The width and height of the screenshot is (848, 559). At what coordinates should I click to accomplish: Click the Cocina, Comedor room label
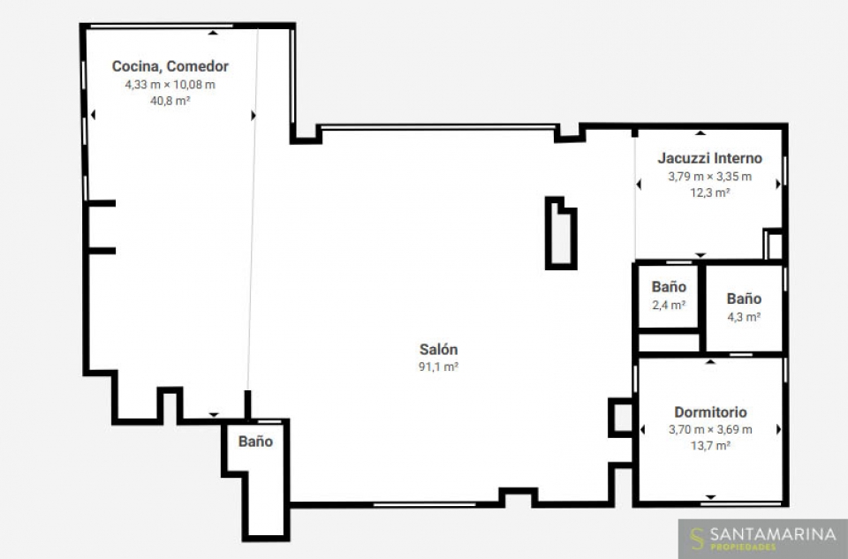pos(170,66)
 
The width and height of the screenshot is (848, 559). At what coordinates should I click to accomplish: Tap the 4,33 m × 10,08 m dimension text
pos(170,85)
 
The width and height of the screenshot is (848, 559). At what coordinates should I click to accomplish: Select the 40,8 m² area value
pos(170,101)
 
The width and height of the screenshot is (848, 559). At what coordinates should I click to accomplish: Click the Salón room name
pos(439,349)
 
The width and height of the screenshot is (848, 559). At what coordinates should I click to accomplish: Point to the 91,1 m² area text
pos(439,366)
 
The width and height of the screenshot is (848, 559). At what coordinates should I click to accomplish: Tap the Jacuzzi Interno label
pos(710,158)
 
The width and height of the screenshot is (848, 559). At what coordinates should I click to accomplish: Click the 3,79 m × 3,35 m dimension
pos(710,177)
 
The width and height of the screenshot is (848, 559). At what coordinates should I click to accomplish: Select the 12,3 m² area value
pos(710,193)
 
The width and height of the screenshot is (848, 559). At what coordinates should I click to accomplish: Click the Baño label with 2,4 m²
pos(669,286)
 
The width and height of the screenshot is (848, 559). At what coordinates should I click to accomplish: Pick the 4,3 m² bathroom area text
pos(744,317)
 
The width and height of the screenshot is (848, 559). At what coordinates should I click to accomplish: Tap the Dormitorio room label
pos(710,412)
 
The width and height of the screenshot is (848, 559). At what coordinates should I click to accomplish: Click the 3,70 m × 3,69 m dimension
pos(710,429)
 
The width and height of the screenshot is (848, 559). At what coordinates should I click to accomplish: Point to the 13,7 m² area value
pos(710,445)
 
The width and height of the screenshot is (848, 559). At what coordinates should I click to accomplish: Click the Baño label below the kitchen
pos(256,442)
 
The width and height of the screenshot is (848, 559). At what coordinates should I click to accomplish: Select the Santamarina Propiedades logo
pos(763,539)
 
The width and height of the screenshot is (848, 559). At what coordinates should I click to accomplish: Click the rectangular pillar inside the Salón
pos(561,233)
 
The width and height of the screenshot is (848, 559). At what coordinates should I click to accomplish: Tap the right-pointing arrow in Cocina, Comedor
pos(254,115)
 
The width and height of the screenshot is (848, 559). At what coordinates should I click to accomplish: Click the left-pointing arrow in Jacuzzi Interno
pos(639,185)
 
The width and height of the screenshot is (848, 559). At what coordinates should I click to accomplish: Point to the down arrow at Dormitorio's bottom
pos(710,497)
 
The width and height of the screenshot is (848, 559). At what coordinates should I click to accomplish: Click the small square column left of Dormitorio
pos(621,418)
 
